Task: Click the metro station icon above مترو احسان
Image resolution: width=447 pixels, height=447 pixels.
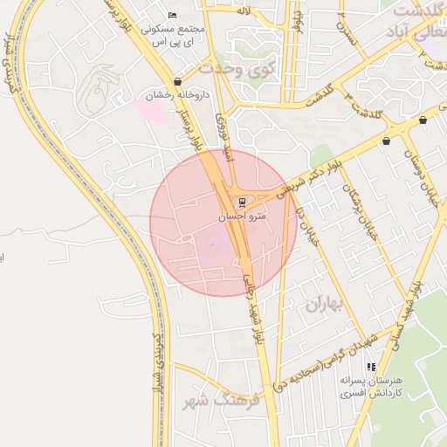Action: coord(242,201)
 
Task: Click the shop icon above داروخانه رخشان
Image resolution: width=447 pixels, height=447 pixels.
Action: coord(178,81)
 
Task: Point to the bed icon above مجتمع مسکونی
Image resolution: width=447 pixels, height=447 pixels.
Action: coord(172,16)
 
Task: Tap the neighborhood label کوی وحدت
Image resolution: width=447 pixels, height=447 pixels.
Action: coord(237,67)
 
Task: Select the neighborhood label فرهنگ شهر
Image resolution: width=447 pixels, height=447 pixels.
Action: coord(218,402)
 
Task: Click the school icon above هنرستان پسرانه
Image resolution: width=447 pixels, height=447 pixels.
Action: coord(372,368)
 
